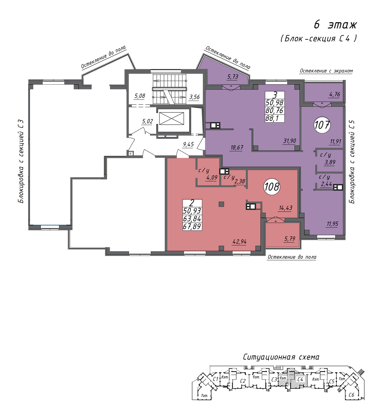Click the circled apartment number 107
tap(322, 125)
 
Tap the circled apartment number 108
tap(272, 187)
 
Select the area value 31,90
tap(289, 141)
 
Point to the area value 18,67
tap(237, 148)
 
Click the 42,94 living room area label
tap(239, 242)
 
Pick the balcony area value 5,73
tap(232, 77)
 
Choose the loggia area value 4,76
tap(334, 95)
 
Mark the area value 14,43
tap(285, 208)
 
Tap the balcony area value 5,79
tap(289, 239)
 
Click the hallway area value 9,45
tap(188, 144)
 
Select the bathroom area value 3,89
tap(330, 162)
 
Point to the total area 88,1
tap(272, 118)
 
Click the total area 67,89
tap(192, 226)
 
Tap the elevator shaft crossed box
tap(171, 118)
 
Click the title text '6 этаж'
tap(335, 25)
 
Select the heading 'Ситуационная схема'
tap(281, 357)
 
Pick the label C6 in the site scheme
tap(351, 395)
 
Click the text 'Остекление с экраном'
tap(326, 71)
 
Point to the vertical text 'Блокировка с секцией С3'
tap(21, 162)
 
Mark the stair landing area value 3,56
tap(194, 97)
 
